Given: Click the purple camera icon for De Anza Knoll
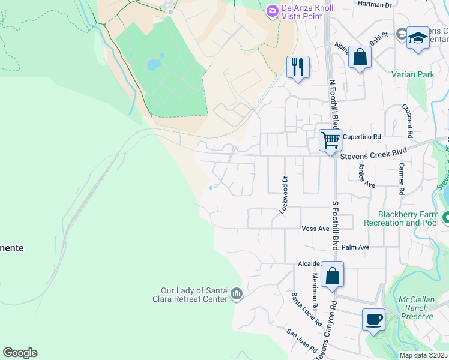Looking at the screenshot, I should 272,11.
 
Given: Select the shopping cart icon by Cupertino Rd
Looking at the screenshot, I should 330,140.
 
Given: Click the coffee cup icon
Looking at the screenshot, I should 373,319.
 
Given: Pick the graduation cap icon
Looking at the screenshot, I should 417,38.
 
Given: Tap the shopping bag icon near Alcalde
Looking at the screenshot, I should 332,276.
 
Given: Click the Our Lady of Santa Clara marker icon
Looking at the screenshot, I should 237,295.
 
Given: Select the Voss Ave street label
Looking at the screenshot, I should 315,229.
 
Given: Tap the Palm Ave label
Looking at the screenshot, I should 355,247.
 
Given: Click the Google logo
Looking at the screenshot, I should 20,353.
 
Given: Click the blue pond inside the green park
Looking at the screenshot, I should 154,64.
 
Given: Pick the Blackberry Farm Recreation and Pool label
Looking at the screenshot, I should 408,218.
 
